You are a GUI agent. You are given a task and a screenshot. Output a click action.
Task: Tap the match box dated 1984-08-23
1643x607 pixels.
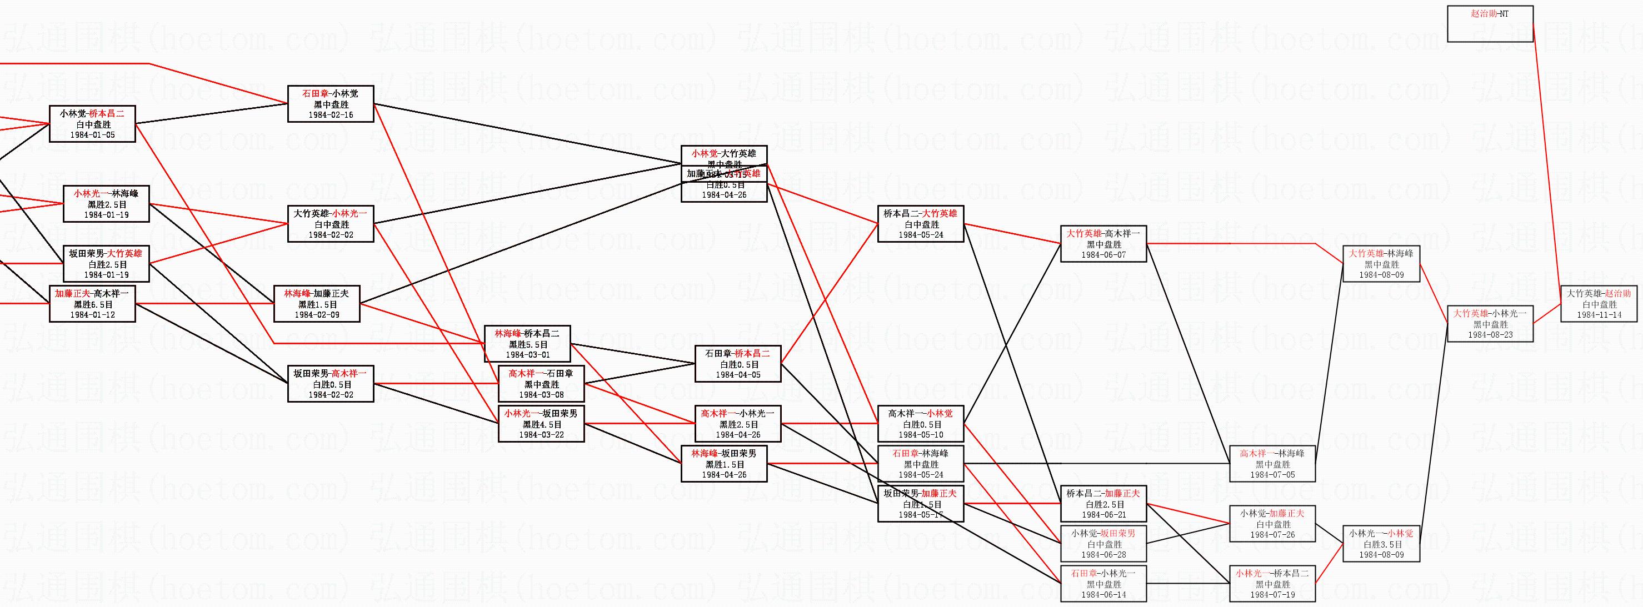(x=1490, y=324)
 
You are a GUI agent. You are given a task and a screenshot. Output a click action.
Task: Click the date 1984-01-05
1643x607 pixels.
(x=92, y=135)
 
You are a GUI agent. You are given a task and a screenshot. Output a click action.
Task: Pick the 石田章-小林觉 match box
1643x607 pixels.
(x=331, y=104)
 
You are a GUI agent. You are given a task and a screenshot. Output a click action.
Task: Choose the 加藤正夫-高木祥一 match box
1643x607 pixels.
(x=92, y=304)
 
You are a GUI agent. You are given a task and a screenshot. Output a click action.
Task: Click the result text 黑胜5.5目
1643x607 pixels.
(x=527, y=344)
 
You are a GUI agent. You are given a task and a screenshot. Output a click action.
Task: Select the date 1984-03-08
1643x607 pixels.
(x=541, y=395)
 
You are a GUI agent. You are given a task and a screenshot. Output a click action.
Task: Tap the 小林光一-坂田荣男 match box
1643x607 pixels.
(x=541, y=424)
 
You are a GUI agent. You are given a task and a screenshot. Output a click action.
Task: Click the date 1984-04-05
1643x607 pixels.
(x=737, y=375)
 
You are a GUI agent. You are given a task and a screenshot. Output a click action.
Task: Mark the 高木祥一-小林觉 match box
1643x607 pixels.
(x=920, y=424)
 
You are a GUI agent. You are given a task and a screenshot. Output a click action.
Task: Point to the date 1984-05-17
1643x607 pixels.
(x=920, y=515)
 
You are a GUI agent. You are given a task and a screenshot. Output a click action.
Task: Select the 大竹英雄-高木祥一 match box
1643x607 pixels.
(x=1103, y=244)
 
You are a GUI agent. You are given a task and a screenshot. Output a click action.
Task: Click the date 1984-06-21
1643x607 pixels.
(x=1103, y=515)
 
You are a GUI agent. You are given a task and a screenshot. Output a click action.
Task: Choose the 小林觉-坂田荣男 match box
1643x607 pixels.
(x=1103, y=544)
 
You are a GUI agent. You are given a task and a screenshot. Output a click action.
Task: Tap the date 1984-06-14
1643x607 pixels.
(x=1103, y=595)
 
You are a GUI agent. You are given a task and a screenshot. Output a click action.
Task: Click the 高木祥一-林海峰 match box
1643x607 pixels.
(x=1272, y=464)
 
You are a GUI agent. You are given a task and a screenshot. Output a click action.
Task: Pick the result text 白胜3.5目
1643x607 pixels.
(x=1383, y=544)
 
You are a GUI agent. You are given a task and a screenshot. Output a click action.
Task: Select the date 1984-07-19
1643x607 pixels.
(x=1272, y=595)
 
